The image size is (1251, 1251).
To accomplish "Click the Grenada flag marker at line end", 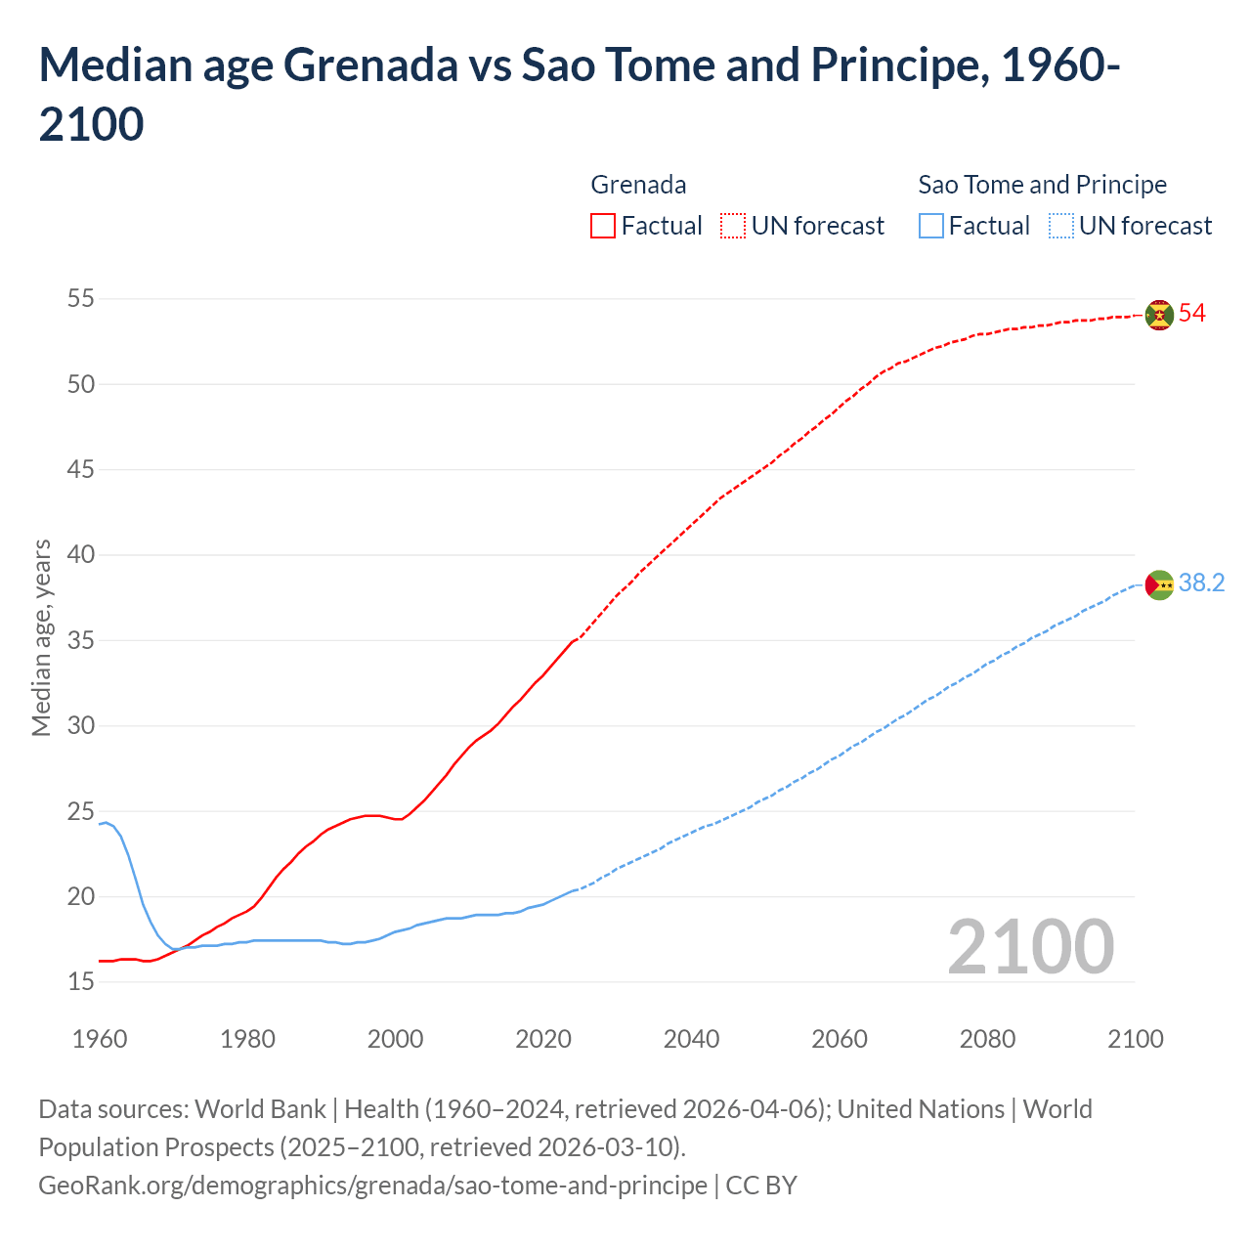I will coord(1159,315).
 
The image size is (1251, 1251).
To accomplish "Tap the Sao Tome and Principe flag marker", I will coord(1159,584).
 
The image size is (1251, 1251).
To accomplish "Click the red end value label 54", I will coord(1191,314).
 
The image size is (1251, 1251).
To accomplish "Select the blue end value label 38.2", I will coord(1201,583).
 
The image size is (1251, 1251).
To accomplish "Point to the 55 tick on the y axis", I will coord(81,299).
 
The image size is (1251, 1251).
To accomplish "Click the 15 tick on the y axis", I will coord(81,981).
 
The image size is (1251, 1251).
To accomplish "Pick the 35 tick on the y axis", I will coord(81,641).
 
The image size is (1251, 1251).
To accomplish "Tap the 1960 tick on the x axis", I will coord(100,1038).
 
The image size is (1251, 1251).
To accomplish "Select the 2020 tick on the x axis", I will coord(543,1038).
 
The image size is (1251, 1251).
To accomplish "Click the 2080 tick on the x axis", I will coord(987,1038).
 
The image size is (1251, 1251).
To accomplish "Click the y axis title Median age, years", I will coord(41,637).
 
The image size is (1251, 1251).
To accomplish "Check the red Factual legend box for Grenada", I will coord(603,226).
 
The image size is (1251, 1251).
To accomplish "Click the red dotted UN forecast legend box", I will coord(733,226).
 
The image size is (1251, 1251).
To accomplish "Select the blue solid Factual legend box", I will coord(931,226).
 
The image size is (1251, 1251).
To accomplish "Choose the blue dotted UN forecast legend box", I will coord(1061,226).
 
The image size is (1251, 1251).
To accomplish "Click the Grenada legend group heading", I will coord(638,185).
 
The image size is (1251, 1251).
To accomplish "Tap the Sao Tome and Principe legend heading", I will coord(1042,185).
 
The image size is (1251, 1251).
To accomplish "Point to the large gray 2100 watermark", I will coord(1030,947).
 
